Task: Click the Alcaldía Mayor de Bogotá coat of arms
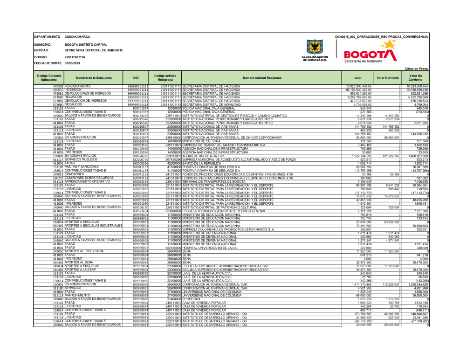coord(315,48)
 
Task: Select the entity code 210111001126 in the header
coord(75,57)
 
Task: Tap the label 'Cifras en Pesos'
coord(417,68)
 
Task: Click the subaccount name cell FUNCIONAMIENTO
coord(77,86)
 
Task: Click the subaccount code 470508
coord(58,86)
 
